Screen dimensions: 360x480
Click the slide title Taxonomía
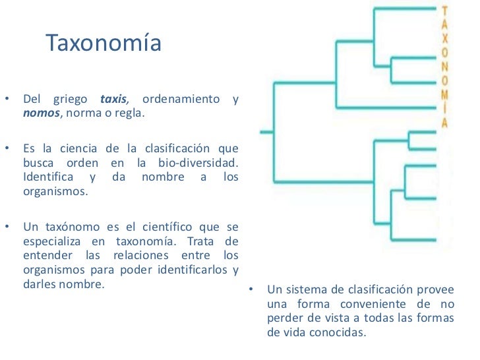(x=104, y=44)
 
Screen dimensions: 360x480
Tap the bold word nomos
(x=42, y=113)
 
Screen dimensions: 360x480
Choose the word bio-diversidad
(x=204, y=162)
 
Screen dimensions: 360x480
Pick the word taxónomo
(x=71, y=227)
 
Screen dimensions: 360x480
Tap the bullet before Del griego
(x=6, y=100)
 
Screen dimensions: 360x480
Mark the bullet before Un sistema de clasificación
(x=251, y=290)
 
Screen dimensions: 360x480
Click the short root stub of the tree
(x=266, y=132)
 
